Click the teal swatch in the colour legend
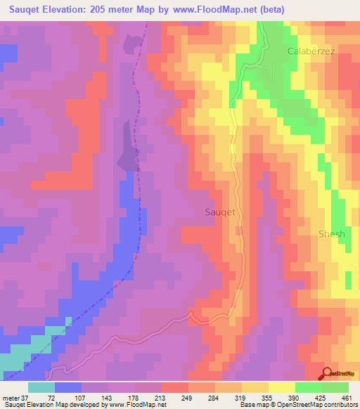pyautogui.click(x=41, y=387)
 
